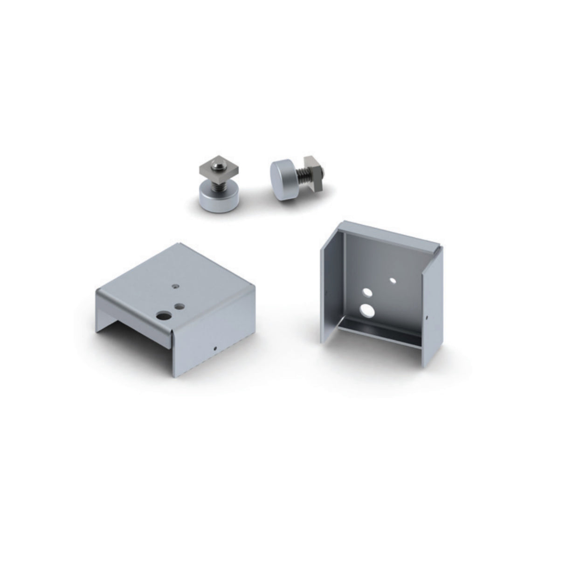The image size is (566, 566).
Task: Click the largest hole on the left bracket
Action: (164, 316)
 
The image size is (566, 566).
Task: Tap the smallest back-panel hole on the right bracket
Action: (393, 281)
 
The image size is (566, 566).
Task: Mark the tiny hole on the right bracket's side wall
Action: (428, 318)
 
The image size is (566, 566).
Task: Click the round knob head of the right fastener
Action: (282, 174)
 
